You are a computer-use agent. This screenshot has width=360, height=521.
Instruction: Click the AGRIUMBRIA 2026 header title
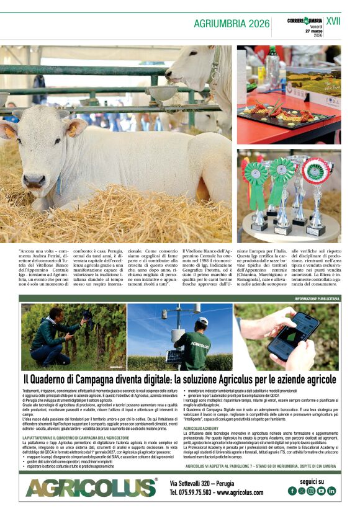[x=232, y=24]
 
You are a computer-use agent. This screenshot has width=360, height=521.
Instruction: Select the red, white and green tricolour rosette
[x=317, y=171]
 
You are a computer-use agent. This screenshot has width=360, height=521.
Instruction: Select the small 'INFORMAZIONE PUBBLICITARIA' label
[x=317, y=298]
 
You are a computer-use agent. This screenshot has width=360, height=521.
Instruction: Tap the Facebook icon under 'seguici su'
[x=292, y=491]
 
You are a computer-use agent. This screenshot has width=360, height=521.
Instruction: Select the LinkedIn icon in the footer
[x=331, y=491]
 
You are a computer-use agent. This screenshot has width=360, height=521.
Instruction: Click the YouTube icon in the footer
[x=322, y=491]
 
